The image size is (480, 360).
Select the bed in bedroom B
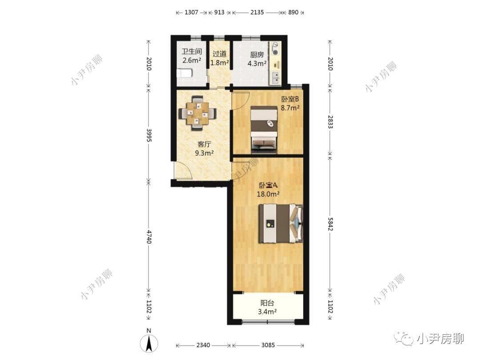[x=264, y=129]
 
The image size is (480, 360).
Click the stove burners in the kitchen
[x=276, y=48]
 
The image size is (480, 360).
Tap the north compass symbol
[x=149, y=341]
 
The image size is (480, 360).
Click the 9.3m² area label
[x=204, y=153]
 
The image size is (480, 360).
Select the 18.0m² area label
[x=268, y=194]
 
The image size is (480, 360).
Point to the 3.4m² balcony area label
[x=267, y=312]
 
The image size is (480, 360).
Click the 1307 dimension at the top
[x=191, y=12]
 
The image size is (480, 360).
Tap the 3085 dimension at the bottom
[x=268, y=345]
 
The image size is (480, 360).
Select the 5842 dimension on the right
[x=330, y=224]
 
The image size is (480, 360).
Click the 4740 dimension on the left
[x=149, y=236]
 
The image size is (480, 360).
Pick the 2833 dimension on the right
[x=330, y=121]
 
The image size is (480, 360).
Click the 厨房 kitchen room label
[x=257, y=55]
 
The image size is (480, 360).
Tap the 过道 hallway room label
[x=220, y=54]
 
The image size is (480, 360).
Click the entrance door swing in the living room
[x=182, y=170]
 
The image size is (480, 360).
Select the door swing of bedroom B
[x=240, y=100]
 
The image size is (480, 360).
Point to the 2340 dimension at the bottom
[x=203, y=345]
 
